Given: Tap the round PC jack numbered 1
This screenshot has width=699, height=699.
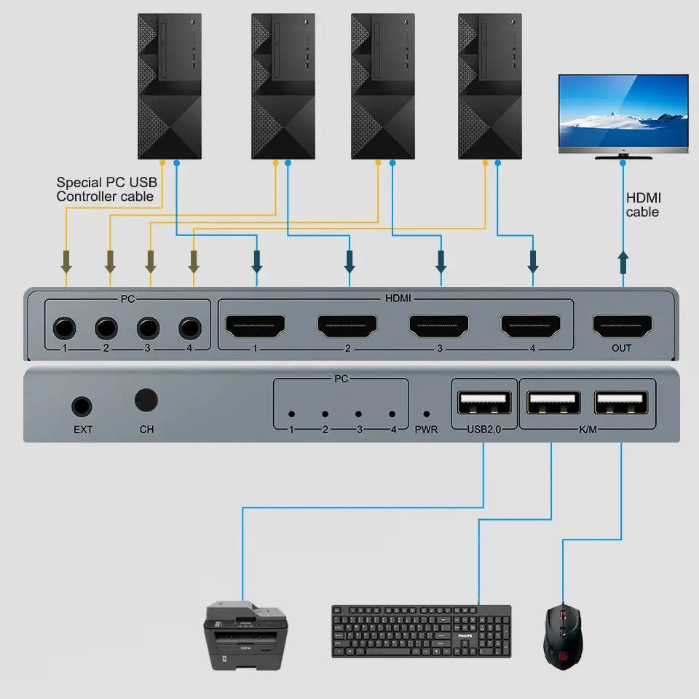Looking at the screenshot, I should [x=64, y=328].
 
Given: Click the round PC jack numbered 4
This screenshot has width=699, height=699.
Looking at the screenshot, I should [x=190, y=328].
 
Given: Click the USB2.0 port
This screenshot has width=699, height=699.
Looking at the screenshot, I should [x=483, y=403].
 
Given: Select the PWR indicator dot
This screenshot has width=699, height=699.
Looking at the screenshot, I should [x=426, y=414].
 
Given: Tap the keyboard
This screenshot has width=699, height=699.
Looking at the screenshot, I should [x=421, y=631].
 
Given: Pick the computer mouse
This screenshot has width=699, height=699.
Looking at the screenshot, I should [x=563, y=631].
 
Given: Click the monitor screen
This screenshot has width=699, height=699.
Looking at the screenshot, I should [x=623, y=113].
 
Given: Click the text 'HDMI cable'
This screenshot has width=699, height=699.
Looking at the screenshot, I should [x=642, y=205].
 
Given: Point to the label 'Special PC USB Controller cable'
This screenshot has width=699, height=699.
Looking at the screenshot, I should [x=106, y=189].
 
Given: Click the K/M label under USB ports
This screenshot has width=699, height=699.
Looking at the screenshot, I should [x=588, y=429].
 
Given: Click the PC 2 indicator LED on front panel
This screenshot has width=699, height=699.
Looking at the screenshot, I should [x=325, y=414].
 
